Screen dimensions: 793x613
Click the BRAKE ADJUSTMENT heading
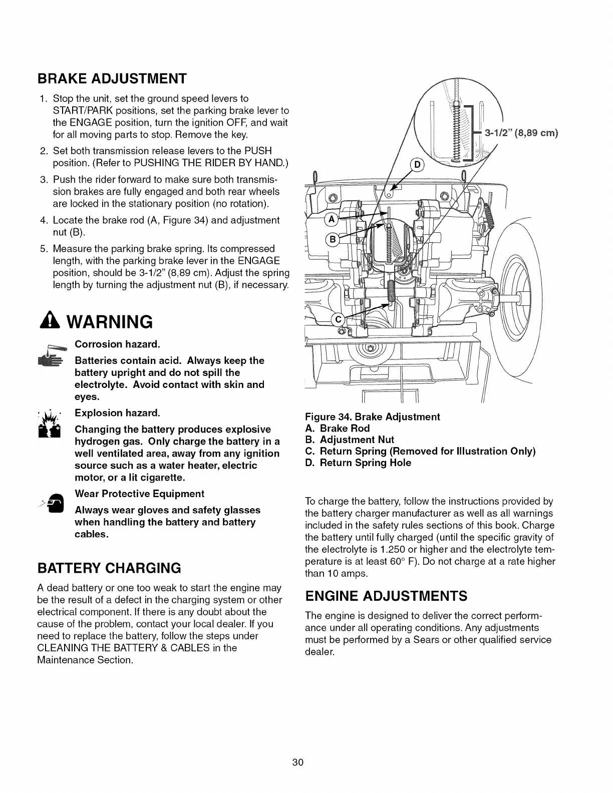tap(112, 79)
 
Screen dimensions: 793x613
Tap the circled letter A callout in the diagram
tap(331, 219)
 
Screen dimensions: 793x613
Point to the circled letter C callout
tap(339, 319)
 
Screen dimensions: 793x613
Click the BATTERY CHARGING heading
tap(109, 568)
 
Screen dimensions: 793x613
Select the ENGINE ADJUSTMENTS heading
tap(386, 596)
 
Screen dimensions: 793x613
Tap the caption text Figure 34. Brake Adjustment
tap(372, 417)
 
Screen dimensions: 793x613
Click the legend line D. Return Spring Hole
tap(358, 463)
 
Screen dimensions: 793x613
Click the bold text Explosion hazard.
tap(117, 413)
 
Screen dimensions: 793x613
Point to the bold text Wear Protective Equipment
tap(139, 494)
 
